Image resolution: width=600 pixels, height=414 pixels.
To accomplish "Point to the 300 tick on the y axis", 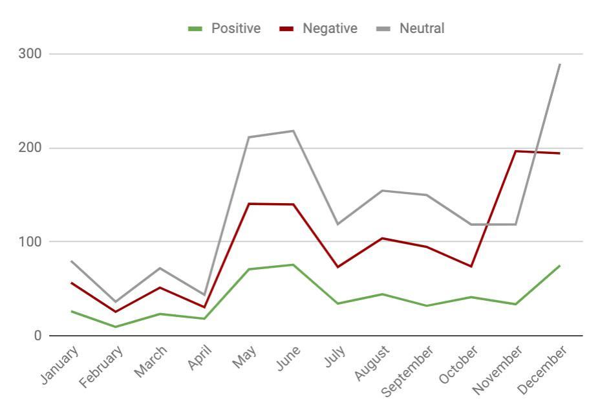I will [30, 54].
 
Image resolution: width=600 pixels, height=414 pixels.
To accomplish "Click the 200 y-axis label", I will [30, 148].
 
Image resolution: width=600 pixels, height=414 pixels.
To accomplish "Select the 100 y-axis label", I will [30, 242].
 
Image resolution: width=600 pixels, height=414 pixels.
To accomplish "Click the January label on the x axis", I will [60, 365].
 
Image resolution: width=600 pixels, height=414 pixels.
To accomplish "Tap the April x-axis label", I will [200, 357].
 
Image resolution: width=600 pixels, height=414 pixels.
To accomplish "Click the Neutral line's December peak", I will [560, 64].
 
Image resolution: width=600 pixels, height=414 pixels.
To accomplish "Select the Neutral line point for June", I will [294, 131].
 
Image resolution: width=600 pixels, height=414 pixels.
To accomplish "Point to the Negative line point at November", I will [515, 151].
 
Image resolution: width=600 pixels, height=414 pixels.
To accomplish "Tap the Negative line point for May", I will [249, 204].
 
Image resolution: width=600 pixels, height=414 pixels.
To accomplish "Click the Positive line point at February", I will [116, 327].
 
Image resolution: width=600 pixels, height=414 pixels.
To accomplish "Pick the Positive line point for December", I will [560, 266].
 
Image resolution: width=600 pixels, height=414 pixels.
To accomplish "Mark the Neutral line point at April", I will [204, 295].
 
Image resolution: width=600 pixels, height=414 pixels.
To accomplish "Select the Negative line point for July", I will [337, 267].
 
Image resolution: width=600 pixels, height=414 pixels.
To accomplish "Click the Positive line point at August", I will [382, 294].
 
